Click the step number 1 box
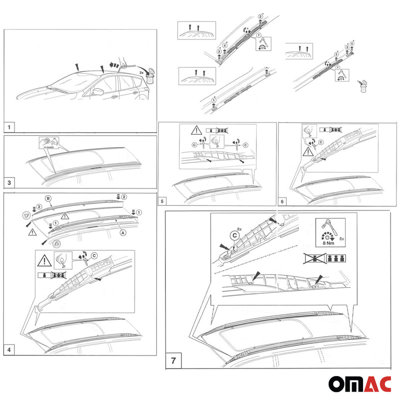pyautogui.click(x=10, y=126)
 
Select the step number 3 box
pyautogui.click(x=10, y=183)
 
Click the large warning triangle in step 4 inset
pyautogui.click(x=44, y=260)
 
